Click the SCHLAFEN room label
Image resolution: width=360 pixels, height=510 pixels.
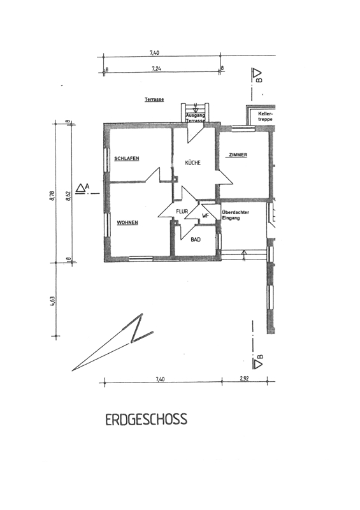pos(127,159)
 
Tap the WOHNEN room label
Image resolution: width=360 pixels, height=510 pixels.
pos(127,222)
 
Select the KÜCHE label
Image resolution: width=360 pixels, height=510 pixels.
pos(193,163)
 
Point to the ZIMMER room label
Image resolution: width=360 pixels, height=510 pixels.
pos(238,155)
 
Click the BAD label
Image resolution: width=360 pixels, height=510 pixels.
pos(196,240)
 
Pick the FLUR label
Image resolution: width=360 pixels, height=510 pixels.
pos(182,212)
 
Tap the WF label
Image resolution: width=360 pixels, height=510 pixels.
pos(205,215)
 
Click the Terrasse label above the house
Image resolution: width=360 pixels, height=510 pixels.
pos(154,99)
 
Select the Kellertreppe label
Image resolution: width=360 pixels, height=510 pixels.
pos(265,117)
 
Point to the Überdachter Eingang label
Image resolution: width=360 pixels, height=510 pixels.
pos(236,215)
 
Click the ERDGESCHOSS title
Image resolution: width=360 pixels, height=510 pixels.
pos(147,419)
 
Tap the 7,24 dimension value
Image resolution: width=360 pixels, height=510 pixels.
pos(156,69)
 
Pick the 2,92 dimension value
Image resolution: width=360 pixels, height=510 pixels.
pos(244,379)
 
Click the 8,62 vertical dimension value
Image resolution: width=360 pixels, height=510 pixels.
pos(68,196)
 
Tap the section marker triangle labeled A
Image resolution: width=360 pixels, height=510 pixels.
pos(80,188)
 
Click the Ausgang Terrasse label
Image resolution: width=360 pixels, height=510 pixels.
pos(195,118)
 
